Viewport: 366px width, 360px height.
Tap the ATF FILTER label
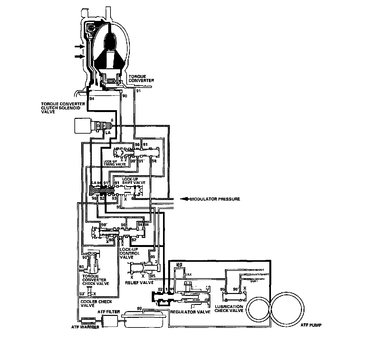point(109,312)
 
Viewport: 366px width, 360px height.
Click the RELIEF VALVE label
point(139,283)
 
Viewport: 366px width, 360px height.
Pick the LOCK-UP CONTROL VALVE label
point(130,253)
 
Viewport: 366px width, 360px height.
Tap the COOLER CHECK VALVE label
point(96,303)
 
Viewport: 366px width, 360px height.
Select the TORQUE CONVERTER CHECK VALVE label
point(96,280)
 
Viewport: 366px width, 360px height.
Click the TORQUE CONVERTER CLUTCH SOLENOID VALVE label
point(63,108)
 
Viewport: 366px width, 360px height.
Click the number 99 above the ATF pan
point(140,309)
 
